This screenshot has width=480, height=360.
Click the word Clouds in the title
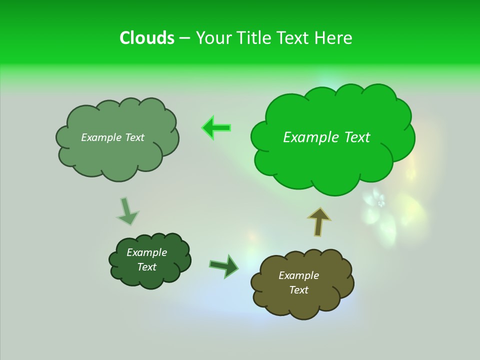146,38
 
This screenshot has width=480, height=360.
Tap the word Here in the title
333,38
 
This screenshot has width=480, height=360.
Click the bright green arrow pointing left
216,128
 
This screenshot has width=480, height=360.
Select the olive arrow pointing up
318,221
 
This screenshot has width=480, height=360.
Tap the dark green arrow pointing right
224,265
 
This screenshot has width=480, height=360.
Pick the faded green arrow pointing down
127,211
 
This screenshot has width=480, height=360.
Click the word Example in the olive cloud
298,275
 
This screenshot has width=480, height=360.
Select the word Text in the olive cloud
298,290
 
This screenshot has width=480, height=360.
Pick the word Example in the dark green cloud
146,252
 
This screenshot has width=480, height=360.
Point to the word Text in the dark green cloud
146,267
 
